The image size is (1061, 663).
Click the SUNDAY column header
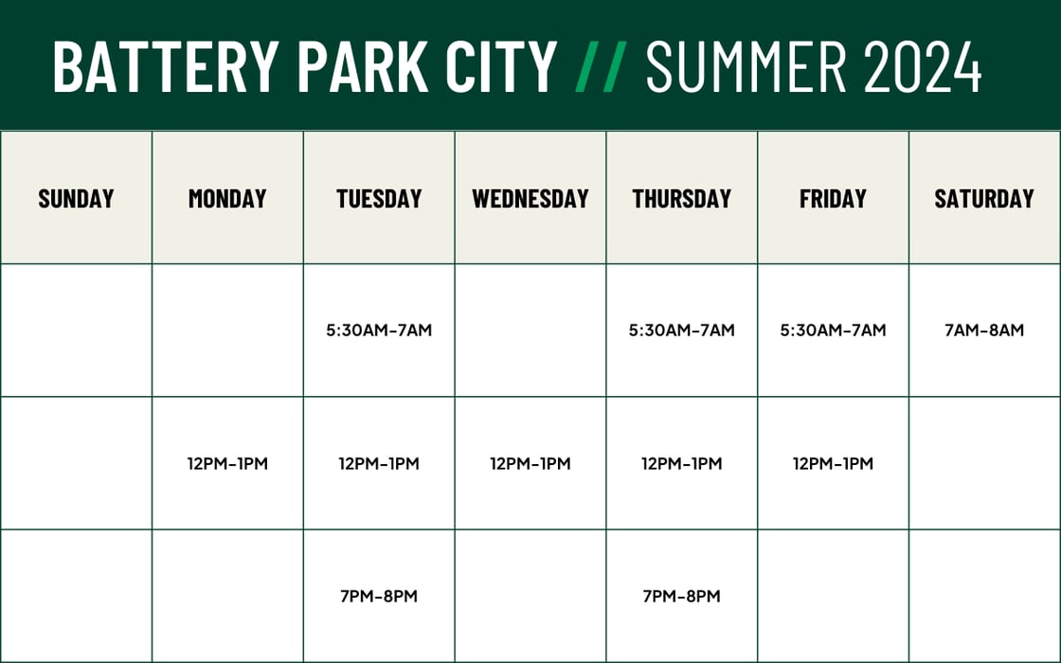(x=76, y=198)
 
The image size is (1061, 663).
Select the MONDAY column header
(x=227, y=198)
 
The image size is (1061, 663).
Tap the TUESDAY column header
(x=379, y=198)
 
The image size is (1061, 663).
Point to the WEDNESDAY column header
(x=530, y=198)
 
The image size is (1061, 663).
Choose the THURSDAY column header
(x=682, y=198)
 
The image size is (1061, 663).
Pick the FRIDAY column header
(x=833, y=198)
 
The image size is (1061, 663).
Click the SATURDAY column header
(x=984, y=198)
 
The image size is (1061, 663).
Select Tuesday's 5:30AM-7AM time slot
(x=379, y=331)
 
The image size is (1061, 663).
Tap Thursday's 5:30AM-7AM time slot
(x=682, y=331)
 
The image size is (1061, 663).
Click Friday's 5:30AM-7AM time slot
(x=834, y=331)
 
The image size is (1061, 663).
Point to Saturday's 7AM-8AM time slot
(x=984, y=331)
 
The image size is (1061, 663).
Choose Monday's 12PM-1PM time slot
(x=227, y=463)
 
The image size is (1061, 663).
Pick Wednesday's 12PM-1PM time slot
(x=530, y=463)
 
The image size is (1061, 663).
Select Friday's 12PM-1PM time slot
(x=834, y=463)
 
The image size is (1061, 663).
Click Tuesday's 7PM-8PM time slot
(x=379, y=596)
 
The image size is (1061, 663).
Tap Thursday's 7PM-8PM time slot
(x=682, y=596)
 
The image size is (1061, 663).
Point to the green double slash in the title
(x=601, y=66)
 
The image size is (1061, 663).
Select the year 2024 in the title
(x=924, y=66)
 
